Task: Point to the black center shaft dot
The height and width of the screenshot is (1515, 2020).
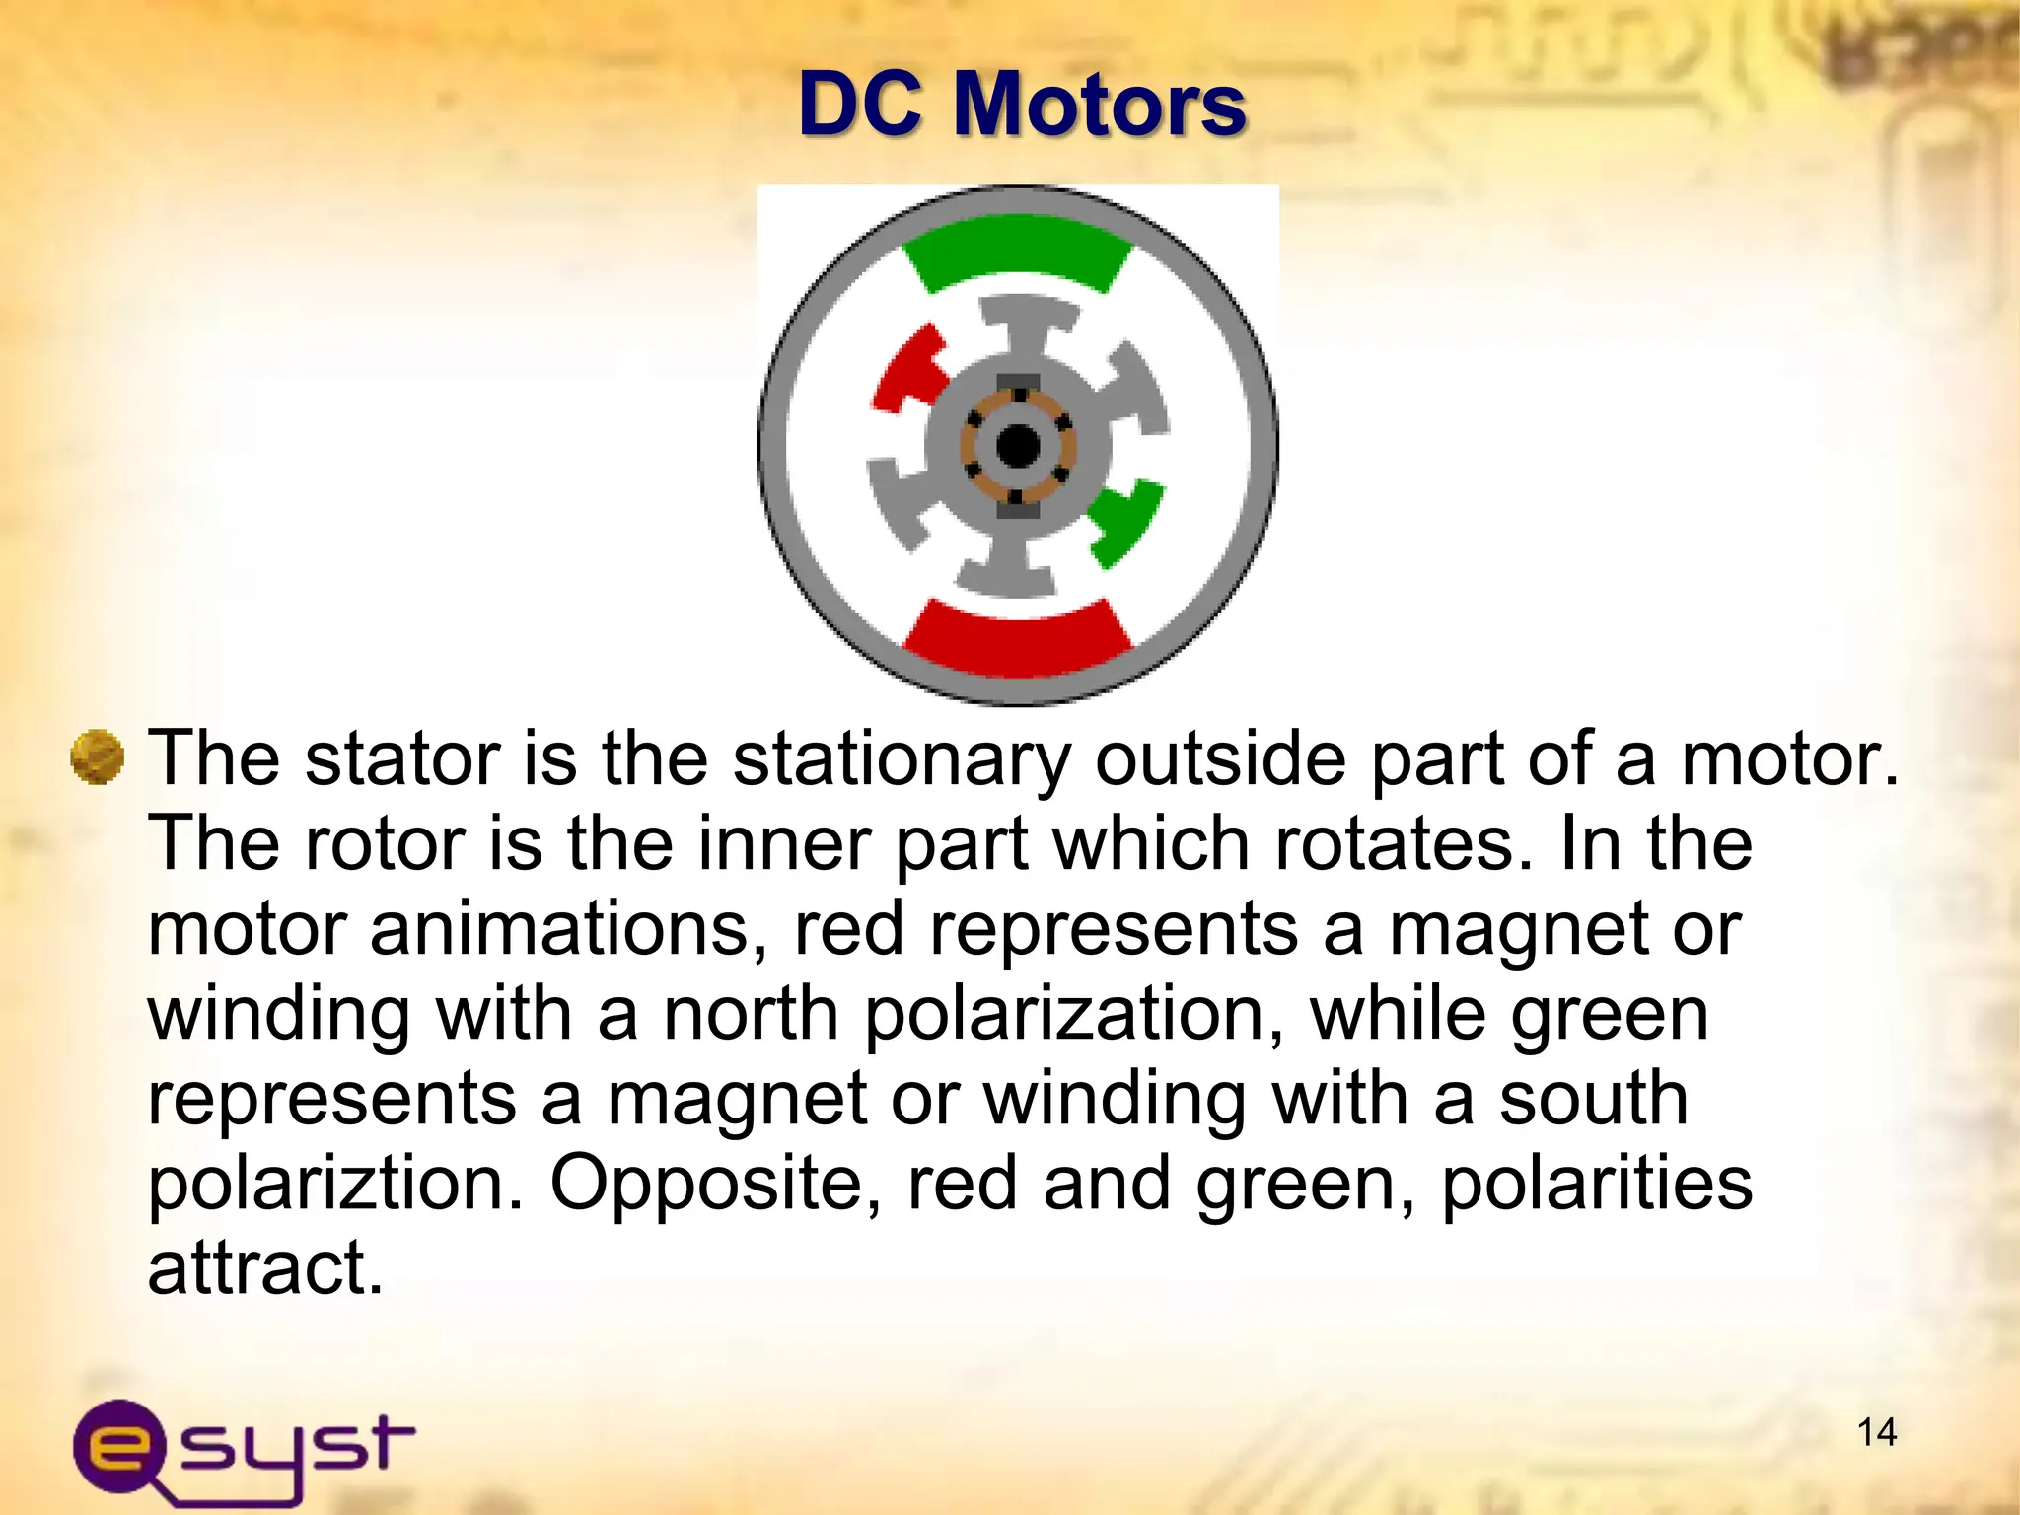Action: click(x=1018, y=446)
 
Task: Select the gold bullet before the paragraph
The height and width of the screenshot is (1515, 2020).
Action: click(x=98, y=758)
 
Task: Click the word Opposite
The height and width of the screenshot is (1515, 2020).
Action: click(x=714, y=1184)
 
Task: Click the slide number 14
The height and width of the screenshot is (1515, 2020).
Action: click(x=1876, y=1432)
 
